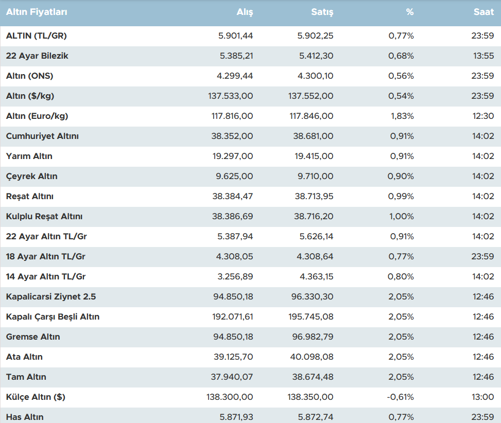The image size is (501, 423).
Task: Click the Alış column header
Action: [x=245, y=12]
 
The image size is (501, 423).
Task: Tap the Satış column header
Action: [x=322, y=12]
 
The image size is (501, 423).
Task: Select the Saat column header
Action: [x=483, y=12]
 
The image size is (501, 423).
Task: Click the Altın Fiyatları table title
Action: [x=37, y=12]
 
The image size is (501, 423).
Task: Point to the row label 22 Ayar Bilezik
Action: [x=37, y=56]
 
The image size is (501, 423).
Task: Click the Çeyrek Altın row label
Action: [x=32, y=177]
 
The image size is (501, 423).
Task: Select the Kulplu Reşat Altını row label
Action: [x=44, y=217]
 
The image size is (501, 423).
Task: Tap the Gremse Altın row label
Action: [x=33, y=337]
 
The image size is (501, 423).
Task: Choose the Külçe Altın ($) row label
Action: [x=36, y=397]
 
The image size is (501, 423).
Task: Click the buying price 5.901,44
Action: [x=236, y=36]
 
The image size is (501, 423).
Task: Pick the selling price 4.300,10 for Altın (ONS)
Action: [x=316, y=76]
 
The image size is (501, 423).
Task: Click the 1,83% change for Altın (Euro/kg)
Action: [x=402, y=116]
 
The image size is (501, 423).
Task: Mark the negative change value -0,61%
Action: [x=401, y=397]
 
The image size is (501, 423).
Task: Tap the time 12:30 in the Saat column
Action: [x=483, y=116]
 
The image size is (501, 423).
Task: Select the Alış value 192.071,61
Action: [x=232, y=317]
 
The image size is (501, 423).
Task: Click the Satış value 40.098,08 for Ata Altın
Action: [x=314, y=357]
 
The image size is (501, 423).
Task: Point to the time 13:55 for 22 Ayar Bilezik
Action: [x=483, y=56]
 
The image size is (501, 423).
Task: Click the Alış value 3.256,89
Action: [x=236, y=277]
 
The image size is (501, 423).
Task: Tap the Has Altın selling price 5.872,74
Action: [x=316, y=417]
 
